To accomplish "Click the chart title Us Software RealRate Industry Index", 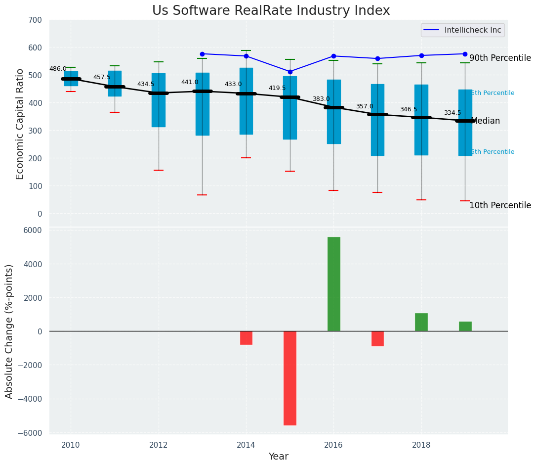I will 271,11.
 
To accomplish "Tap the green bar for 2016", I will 334,284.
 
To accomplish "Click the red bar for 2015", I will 290,378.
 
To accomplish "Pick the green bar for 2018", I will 421,322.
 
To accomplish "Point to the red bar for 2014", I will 246,338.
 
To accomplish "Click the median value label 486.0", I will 58,69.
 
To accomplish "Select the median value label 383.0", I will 321,99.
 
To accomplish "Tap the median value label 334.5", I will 453,113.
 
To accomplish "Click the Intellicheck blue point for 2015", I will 290,72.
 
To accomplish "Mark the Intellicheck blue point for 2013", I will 202,54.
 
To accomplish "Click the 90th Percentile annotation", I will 500,58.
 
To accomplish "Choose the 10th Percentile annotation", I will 500,206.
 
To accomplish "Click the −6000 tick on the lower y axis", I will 32,433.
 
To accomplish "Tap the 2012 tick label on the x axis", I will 159,445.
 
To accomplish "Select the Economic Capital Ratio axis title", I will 20,124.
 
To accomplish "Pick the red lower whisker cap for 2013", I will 202,195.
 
